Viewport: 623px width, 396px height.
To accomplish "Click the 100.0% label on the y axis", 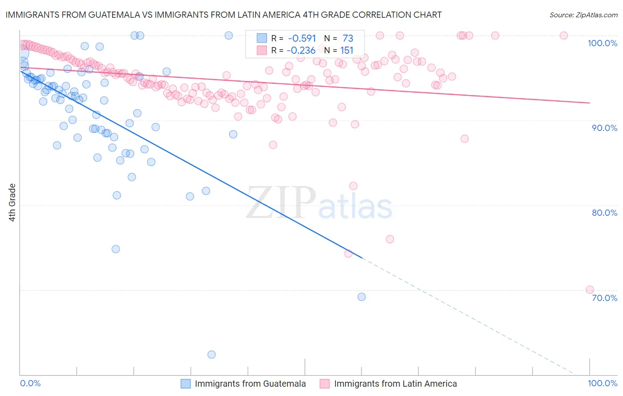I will pyautogui.click(x=602, y=43).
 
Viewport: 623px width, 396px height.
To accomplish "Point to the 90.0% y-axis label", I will pyautogui.click(x=604, y=128).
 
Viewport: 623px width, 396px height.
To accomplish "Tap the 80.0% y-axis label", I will pyautogui.click(x=604, y=213).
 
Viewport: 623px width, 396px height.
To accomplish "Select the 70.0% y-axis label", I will pyautogui.click(x=604, y=297).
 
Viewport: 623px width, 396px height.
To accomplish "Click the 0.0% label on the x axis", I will pyautogui.click(x=30, y=384).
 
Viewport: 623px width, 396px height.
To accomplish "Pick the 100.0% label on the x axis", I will pyautogui.click(x=602, y=384).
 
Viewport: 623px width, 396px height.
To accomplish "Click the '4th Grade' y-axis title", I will pyautogui.click(x=12, y=202).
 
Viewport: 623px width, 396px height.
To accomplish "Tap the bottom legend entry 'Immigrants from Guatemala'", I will pyautogui.click(x=250, y=384).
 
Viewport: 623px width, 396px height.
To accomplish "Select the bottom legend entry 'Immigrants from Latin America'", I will pyautogui.click(x=395, y=384).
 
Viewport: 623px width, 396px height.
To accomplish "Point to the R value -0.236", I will pyautogui.click(x=301, y=50).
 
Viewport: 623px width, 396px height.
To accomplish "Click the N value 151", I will pyautogui.click(x=347, y=50).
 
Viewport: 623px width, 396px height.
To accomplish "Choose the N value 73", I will pyautogui.click(x=348, y=39).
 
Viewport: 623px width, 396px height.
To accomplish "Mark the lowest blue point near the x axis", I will pyautogui.click(x=211, y=354).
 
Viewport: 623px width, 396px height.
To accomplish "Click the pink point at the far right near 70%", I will pyautogui.click(x=590, y=289).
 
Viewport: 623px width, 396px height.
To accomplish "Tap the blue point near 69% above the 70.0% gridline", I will pyautogui.click(x=362, y=297).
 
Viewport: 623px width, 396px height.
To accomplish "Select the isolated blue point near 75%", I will pyautogui.click(x=116, y=249).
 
